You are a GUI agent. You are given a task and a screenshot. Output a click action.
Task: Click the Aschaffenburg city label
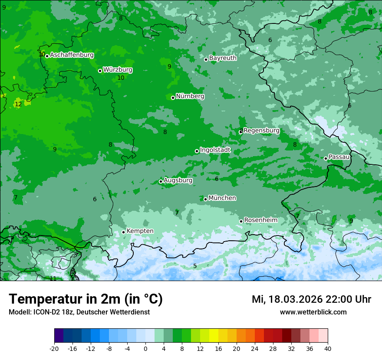[x=72, y=55]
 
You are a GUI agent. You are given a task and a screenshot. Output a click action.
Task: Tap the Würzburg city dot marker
[x=100, y=71]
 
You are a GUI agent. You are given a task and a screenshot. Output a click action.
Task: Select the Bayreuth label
[x=223, y=58]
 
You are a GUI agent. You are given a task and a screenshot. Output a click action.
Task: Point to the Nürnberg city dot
[x=173, y=98]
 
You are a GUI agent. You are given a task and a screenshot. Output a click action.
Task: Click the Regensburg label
[x=261, y=130]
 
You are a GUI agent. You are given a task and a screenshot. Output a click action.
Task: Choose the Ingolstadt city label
[x=215, y=150]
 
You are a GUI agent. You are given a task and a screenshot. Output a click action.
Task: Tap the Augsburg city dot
[x=161, y=181]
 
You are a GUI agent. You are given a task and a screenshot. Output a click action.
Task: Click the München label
[x=222, y=198]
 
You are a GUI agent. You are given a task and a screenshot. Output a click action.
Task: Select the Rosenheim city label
[x=260, y=220]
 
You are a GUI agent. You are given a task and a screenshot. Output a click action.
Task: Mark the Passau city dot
[x=326, y=158]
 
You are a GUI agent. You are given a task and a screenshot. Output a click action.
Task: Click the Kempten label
[x=140, y=231]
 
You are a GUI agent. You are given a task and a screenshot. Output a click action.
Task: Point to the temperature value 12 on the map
[x=18, y=104]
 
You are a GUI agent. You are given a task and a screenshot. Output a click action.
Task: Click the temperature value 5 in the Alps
[x=195, y=266]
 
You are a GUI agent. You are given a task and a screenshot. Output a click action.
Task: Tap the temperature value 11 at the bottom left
[x=53, y=278]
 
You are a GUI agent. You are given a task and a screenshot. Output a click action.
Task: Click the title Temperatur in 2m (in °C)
[x=86, y=299]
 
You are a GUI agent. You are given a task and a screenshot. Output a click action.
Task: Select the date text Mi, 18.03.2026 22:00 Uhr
[x=311, y=299]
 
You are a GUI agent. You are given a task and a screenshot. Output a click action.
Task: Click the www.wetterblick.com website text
[x=313, y=312]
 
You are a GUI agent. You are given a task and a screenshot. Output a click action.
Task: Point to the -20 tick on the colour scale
[x=54, y=348]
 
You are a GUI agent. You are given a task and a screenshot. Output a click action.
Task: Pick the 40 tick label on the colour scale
[x=328, y=348]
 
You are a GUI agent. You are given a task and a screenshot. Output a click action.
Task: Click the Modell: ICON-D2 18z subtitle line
[x=79, y=312]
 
